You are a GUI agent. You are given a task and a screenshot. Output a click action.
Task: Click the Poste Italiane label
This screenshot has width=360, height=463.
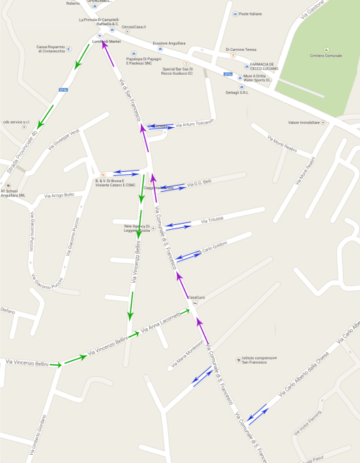(x=250, y=14)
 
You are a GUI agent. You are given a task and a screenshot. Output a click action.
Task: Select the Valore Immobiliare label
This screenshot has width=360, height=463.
(x=304, y=122)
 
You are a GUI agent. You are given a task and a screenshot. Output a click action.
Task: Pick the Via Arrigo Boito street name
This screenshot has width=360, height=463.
(x=59, y=195)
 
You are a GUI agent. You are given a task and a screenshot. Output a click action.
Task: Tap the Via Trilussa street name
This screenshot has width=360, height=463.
(x=213, y=220)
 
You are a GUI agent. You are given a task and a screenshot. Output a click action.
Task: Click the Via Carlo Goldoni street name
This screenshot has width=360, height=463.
(x=215, y=245)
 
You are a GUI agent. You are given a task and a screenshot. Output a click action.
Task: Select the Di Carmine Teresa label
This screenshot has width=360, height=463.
(x=241, y=50)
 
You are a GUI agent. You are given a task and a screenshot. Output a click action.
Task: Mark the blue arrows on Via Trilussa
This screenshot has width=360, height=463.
(x=178, y=224)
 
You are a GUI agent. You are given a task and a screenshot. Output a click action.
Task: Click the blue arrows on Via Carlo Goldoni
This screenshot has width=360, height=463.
(x=189, y=255)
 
